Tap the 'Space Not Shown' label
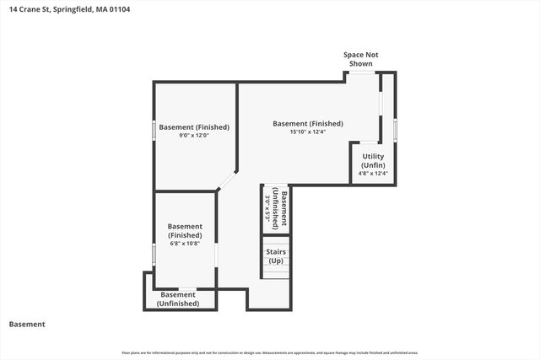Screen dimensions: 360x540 tap(360, 59)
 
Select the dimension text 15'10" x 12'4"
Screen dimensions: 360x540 tap(307, 132)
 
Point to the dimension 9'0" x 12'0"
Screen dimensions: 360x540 tap(194, 136)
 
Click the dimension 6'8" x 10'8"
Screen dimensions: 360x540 tap(184, 243)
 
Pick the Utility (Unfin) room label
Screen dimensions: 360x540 tap(374, 160)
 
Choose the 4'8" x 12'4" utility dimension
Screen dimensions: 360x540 tap(374, 175)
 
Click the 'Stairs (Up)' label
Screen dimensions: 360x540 tap(276, 256)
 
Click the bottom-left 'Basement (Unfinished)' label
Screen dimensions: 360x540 tap(178, 298)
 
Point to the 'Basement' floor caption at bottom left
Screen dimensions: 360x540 tap(27, 324)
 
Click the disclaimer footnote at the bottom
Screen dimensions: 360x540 tap(270, 352)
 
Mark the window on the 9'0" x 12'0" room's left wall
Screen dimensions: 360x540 tap(154, 130)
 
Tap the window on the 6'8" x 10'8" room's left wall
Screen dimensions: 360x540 tap(154, 253)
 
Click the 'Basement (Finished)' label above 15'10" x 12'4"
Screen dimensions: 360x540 tap(307, 124)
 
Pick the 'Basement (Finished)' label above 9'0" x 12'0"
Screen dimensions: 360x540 tap(194, 127)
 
